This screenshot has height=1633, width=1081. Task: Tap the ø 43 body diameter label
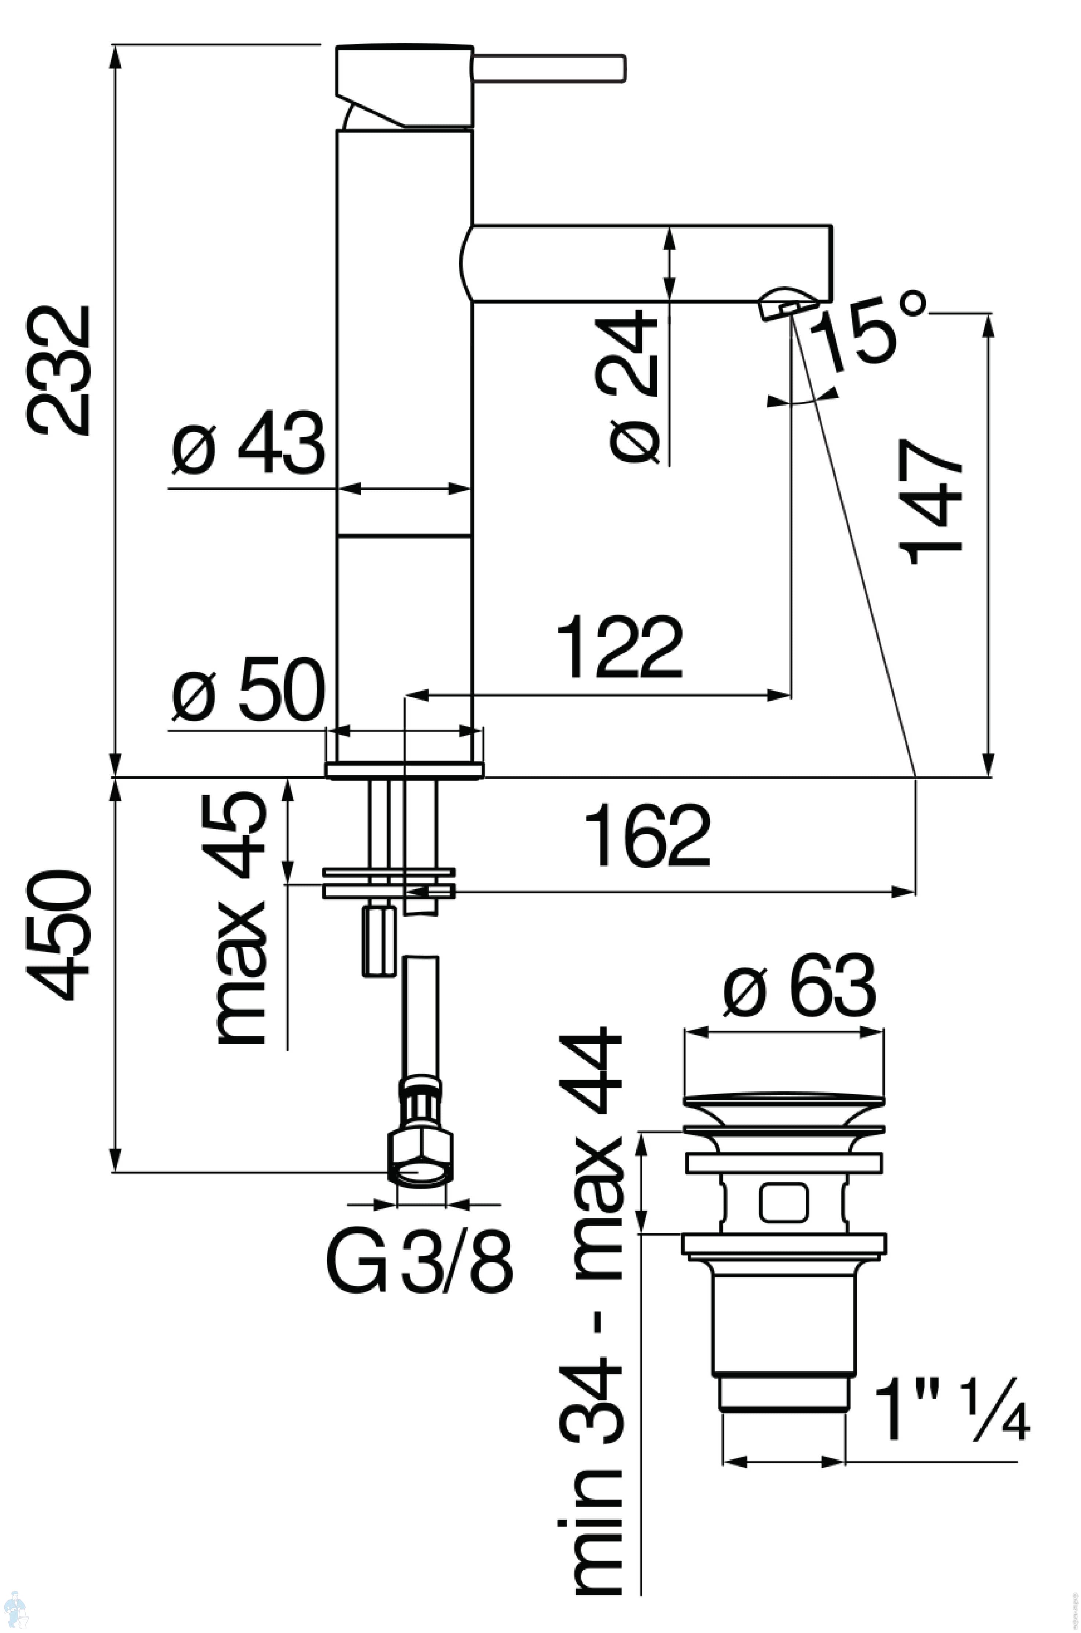click(x=248, y=445)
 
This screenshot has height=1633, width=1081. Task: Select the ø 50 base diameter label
click(x=248, y=689)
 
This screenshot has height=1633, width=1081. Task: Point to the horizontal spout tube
click(x=648, y=263)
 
